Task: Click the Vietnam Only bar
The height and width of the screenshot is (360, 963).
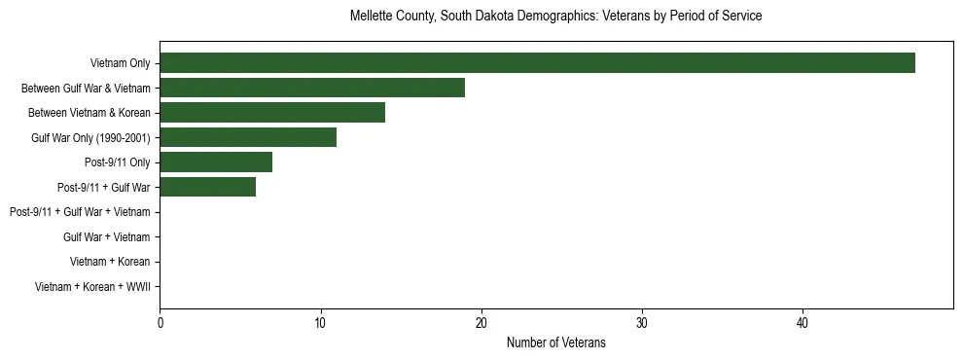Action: click(537, 63)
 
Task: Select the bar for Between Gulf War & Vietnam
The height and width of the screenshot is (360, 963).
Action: click(312, 88)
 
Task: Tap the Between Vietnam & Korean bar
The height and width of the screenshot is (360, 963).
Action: click(272, 113)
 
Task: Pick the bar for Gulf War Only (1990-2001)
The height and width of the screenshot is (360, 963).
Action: click(248, 137)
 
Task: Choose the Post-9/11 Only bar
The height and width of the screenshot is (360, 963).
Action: click(216, 162)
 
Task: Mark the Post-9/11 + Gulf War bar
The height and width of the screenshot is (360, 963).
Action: click(208, 187)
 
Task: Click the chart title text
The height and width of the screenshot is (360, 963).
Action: click(555, 17)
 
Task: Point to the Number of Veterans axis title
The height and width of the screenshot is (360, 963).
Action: click(555, 342)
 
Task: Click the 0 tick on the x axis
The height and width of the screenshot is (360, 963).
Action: click(160, 323)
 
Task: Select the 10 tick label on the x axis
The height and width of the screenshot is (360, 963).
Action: click(320, 323)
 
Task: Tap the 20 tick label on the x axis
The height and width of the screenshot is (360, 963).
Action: click(481, 323)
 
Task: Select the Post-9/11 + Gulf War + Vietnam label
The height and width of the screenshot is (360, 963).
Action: click(80, 212)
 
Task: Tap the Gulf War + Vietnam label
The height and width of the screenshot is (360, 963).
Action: click(106, 236)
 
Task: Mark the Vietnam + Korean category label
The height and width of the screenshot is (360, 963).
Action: click(110, 262)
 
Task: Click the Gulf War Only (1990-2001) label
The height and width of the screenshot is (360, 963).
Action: click(90, 137)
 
